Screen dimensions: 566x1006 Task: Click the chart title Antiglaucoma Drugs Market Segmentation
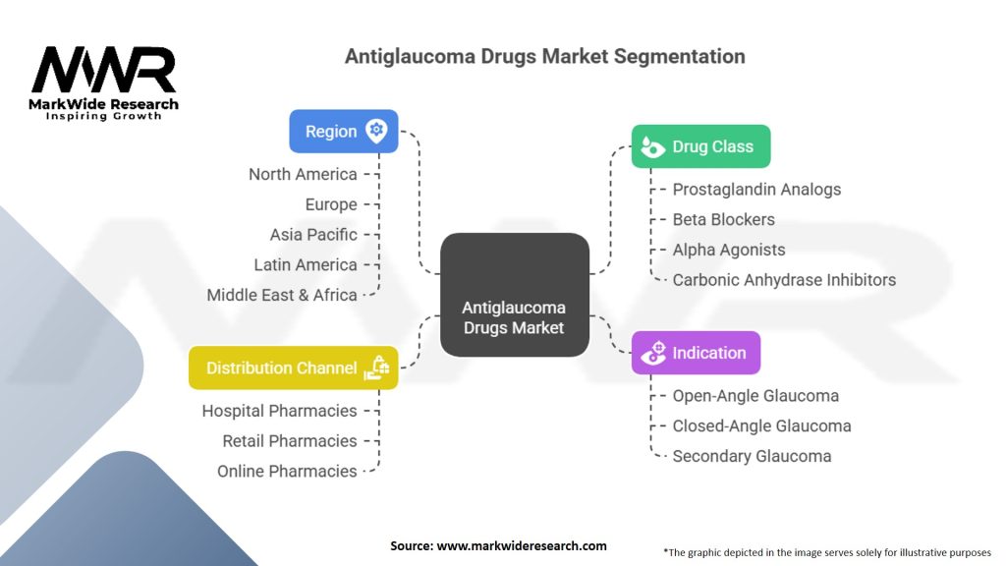[544, 56]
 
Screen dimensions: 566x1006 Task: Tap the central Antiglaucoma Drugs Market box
[514, 295]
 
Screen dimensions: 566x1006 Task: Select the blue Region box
[343, 132]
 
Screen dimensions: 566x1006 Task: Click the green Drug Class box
[700, 146]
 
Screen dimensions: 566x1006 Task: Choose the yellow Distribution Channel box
[293, 368]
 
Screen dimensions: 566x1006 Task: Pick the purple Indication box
[696, 353]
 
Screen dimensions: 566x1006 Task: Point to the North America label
[303, 174]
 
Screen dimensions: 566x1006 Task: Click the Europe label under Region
[331, 204]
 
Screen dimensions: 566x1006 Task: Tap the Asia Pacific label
[313, 235]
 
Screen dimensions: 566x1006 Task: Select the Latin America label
[306, 264]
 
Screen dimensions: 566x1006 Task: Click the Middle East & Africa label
[282, 295]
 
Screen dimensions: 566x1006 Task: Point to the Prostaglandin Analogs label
[756, 189]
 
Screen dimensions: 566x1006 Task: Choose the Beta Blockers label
[723, 219]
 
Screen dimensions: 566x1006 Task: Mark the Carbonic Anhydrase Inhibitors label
[784, 280]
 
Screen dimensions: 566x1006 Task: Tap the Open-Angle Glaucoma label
[755, 396]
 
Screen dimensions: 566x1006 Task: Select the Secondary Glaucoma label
[752, 456]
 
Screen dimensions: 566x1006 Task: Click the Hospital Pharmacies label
[279, 411]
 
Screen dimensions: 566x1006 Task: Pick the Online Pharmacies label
[287, 471]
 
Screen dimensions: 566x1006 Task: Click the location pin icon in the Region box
[375, 131]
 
